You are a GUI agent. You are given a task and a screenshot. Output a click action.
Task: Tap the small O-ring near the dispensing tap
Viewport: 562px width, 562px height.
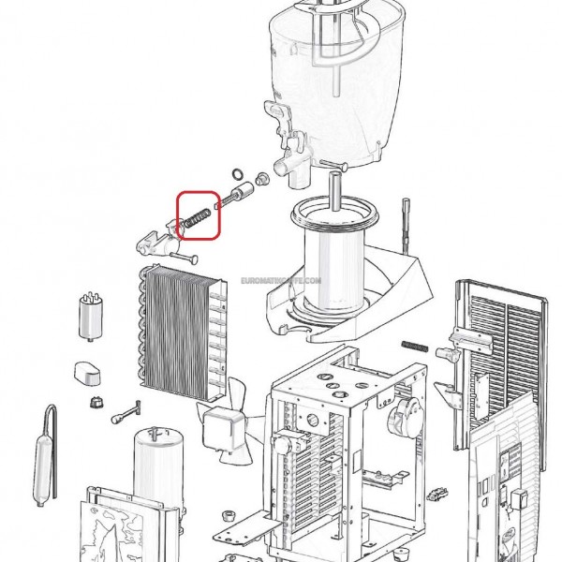237,174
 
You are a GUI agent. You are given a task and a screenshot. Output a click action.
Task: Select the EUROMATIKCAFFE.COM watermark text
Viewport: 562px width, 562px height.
281,280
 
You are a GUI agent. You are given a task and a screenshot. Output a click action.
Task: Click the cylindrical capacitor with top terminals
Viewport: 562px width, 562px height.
90,317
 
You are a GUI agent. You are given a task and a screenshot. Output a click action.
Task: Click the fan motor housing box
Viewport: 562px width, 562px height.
221,431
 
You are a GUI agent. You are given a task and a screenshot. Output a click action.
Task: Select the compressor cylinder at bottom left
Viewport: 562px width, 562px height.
158,466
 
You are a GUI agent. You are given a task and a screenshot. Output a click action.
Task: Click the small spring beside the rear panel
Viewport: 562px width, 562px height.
415,346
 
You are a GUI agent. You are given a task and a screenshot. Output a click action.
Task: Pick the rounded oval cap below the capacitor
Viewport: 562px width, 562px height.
87,373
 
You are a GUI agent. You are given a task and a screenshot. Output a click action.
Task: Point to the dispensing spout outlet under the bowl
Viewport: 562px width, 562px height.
291,169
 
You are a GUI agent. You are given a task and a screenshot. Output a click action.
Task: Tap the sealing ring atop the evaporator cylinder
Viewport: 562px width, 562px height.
334,214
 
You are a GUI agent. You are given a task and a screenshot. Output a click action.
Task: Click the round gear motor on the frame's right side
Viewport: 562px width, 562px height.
403,418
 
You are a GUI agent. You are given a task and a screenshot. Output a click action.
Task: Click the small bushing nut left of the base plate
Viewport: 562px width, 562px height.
228,516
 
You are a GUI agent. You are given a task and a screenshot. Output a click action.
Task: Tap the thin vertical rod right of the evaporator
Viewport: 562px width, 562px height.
406,226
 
